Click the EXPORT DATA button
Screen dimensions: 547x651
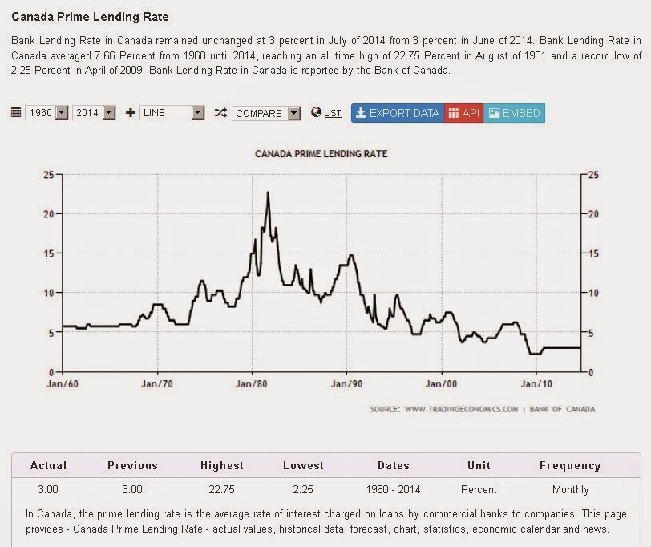tap(397, 113)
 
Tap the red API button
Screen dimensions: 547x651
tap(463, 113)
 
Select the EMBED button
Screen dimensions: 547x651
tap(514, 113)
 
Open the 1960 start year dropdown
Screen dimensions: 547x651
tap(46, 113)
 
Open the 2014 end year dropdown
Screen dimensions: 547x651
tap(94, 113)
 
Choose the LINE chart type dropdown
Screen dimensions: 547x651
tap(172, 113)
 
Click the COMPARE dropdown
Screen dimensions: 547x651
tap(266, 113)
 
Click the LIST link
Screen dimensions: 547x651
tap(332, 114)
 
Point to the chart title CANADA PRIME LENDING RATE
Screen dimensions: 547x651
tap(321, 153)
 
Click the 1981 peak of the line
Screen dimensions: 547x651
tap(268, 192)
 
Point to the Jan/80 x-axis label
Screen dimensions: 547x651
tap(253, 384)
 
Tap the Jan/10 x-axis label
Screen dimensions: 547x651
tap(536, 384)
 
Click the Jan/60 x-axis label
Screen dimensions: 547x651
tap(63, 384)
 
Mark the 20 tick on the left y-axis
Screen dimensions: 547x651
tap(50, 213)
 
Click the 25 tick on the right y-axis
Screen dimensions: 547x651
tap(593, 174)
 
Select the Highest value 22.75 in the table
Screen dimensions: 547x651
tap(222, 489)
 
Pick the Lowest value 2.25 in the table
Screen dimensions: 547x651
tap(303, 489)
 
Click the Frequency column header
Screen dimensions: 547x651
tap(570, 465)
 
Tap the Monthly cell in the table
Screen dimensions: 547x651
tap(570, 489)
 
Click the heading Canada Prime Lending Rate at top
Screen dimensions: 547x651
tap(90, 16)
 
